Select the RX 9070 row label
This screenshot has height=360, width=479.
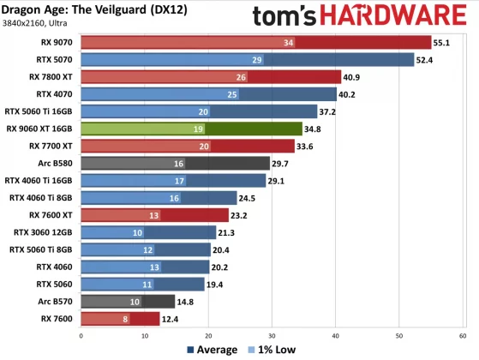pyautogui.click(x=55, y=42)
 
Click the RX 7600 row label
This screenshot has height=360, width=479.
pyautogui.click(x=56, y=318)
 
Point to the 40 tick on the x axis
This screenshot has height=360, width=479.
pyautogui.click(x=336, y=335)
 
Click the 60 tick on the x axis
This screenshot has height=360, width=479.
pyautogui.click(x=464, y=335)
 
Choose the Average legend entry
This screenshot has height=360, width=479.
pyautogui.click(x=212, y=350)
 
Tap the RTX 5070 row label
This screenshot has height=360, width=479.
pyautogui.click(x=55, y=59)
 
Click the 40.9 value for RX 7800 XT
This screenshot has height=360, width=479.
pyautogui.click(x=353, y=76)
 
